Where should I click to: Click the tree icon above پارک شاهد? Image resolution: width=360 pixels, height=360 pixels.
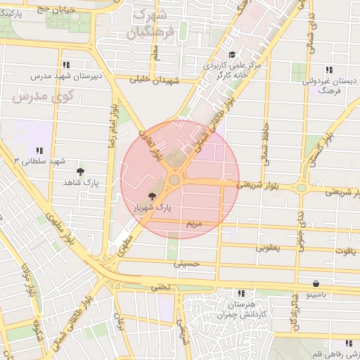point(80,172)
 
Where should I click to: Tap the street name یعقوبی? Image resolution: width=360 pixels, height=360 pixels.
point(270,247)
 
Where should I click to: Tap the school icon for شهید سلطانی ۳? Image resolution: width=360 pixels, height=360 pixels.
point(39,150)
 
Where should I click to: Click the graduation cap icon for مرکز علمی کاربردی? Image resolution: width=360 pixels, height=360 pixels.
point(232,55)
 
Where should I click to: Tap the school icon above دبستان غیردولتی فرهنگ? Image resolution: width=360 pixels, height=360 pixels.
point(328,69)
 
